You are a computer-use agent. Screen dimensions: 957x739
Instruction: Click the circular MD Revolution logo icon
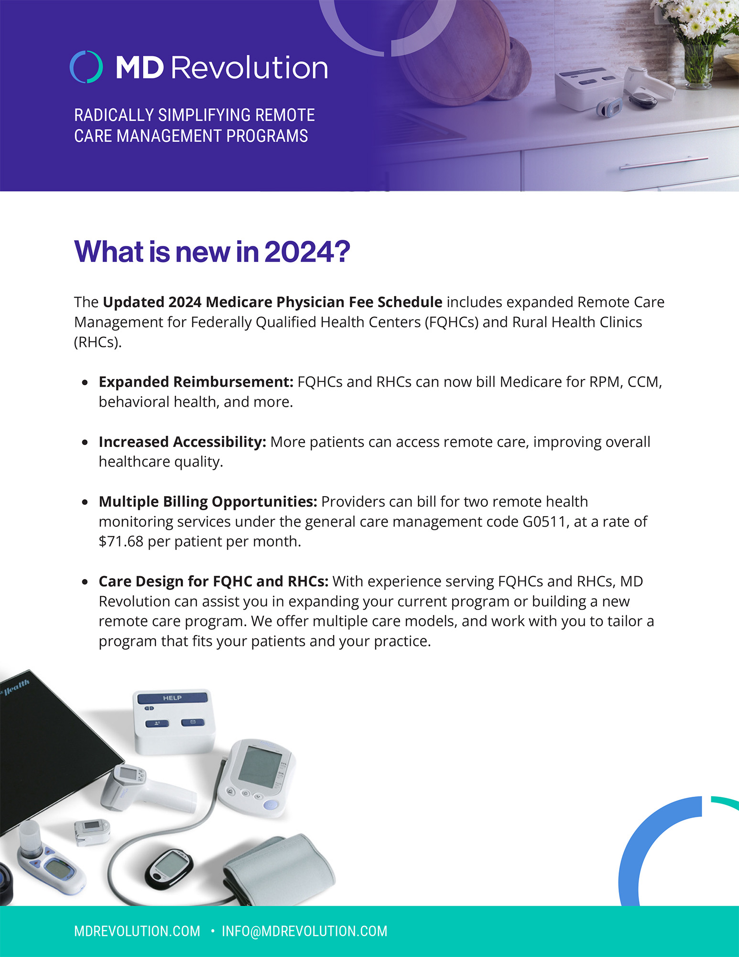pyautogui.click(x=86, y=67)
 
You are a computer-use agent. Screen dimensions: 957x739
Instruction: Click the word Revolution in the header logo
pyautogui.click(x=249, y=67)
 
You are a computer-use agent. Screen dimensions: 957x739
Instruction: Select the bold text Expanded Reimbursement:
pyautogui.click(x=196, y=382)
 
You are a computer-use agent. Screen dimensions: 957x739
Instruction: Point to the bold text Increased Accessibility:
pyautogui.click(x=182, y=442)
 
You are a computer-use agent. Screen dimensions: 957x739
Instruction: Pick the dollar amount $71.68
pyautogui.click(x=120, y=542)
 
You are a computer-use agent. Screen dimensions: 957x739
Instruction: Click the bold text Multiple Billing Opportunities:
pyautogui.click(x=207, y=501)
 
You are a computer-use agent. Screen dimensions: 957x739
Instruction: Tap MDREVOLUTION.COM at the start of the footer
pyautogui.click(x=137, y=931)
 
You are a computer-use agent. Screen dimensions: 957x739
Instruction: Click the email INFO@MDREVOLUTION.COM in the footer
pyautogui.click(x=304, y=931)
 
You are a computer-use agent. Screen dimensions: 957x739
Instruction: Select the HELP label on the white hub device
pyautogui.click(x=172, y=698)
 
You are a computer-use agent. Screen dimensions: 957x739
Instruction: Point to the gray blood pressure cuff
pyautogui.click(x=282, y=868)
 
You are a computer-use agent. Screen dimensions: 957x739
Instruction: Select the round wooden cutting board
pyautogui.click(x=449, y=53)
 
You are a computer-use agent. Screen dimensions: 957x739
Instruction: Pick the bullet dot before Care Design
pyautogui.click(x=85, y=582)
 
